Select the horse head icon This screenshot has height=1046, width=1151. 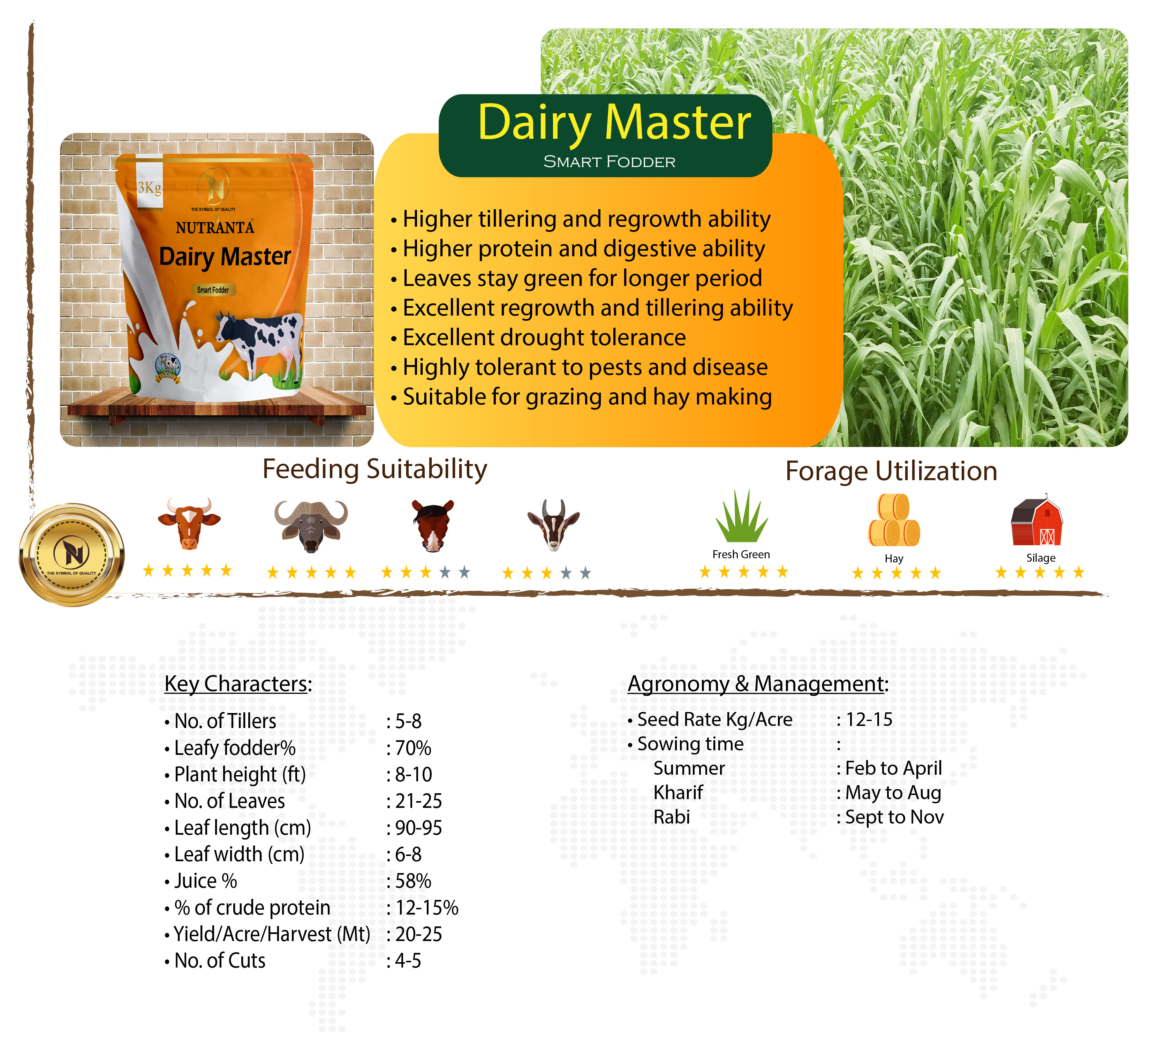click(x=432, y=525)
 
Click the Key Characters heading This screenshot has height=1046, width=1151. click(x=238, y=683)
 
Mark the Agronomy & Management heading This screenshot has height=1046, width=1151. click(x=758, y=683)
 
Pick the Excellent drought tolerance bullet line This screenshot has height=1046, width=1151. click(x=538, y=338)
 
